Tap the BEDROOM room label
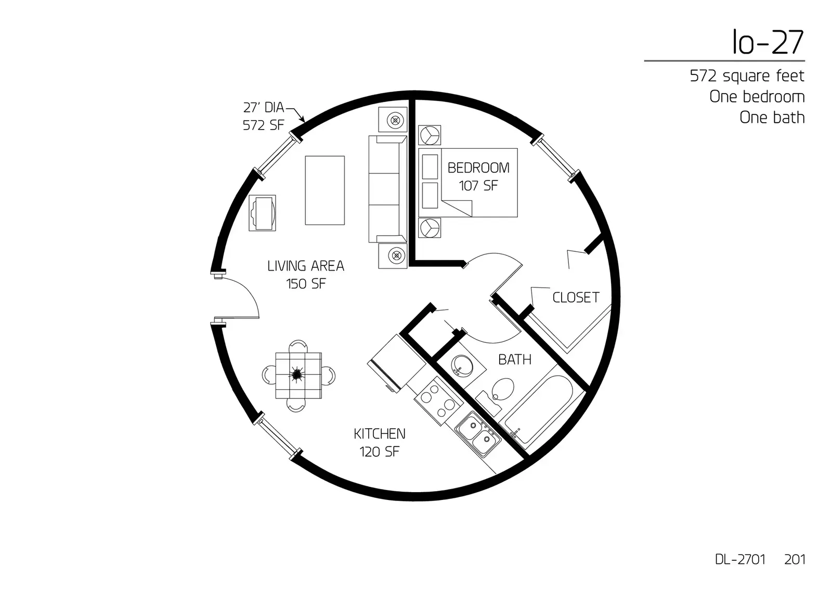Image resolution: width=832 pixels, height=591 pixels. tap(478, 168)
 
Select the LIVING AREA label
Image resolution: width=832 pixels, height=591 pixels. tap(306, 266)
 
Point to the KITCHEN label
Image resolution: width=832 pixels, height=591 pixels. tap(379, 434)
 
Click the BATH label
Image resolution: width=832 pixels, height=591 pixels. tap(515, 359)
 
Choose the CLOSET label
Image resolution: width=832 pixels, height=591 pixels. tap(576, 298)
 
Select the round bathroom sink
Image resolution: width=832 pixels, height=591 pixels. tap(462, 364)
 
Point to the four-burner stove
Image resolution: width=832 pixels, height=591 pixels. tap(439, 402)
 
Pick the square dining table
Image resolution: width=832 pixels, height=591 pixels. tap(298, 376)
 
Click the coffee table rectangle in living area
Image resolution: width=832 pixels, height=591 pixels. tap(324, 190)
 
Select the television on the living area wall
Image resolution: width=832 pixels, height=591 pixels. tap(262, 213)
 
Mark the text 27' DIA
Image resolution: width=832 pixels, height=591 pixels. tap(263, 107)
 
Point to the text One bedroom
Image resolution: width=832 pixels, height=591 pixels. tap(757, 97)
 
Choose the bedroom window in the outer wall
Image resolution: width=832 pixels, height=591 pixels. tap(555, 158)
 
